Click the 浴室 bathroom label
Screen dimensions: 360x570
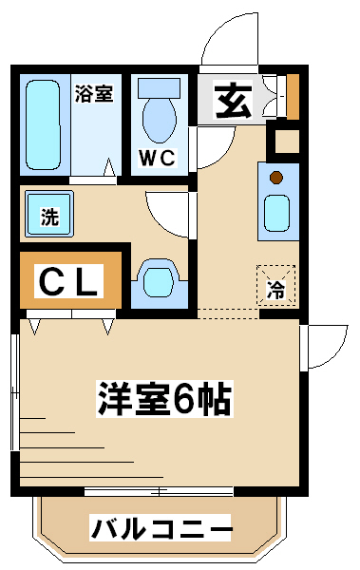point(94,93)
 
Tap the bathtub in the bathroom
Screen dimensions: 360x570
point(43,124)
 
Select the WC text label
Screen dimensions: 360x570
point(158,158)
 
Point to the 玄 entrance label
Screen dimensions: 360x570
point(233,101)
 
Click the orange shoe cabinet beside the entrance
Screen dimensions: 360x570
point(293,97)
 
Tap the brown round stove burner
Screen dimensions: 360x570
point(276,178)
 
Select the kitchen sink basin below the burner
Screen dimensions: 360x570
point(276,213)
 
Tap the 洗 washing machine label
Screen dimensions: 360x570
point(49,217)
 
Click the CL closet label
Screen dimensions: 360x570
point(68,281)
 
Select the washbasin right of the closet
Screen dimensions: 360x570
point(160,282)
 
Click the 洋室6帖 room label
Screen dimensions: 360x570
point(164,398)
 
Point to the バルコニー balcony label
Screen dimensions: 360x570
point(161,528)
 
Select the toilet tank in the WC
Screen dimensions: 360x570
point(160,88)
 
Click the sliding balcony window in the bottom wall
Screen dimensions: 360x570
point(159,492)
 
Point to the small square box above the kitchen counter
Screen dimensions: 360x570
point(287,141)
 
